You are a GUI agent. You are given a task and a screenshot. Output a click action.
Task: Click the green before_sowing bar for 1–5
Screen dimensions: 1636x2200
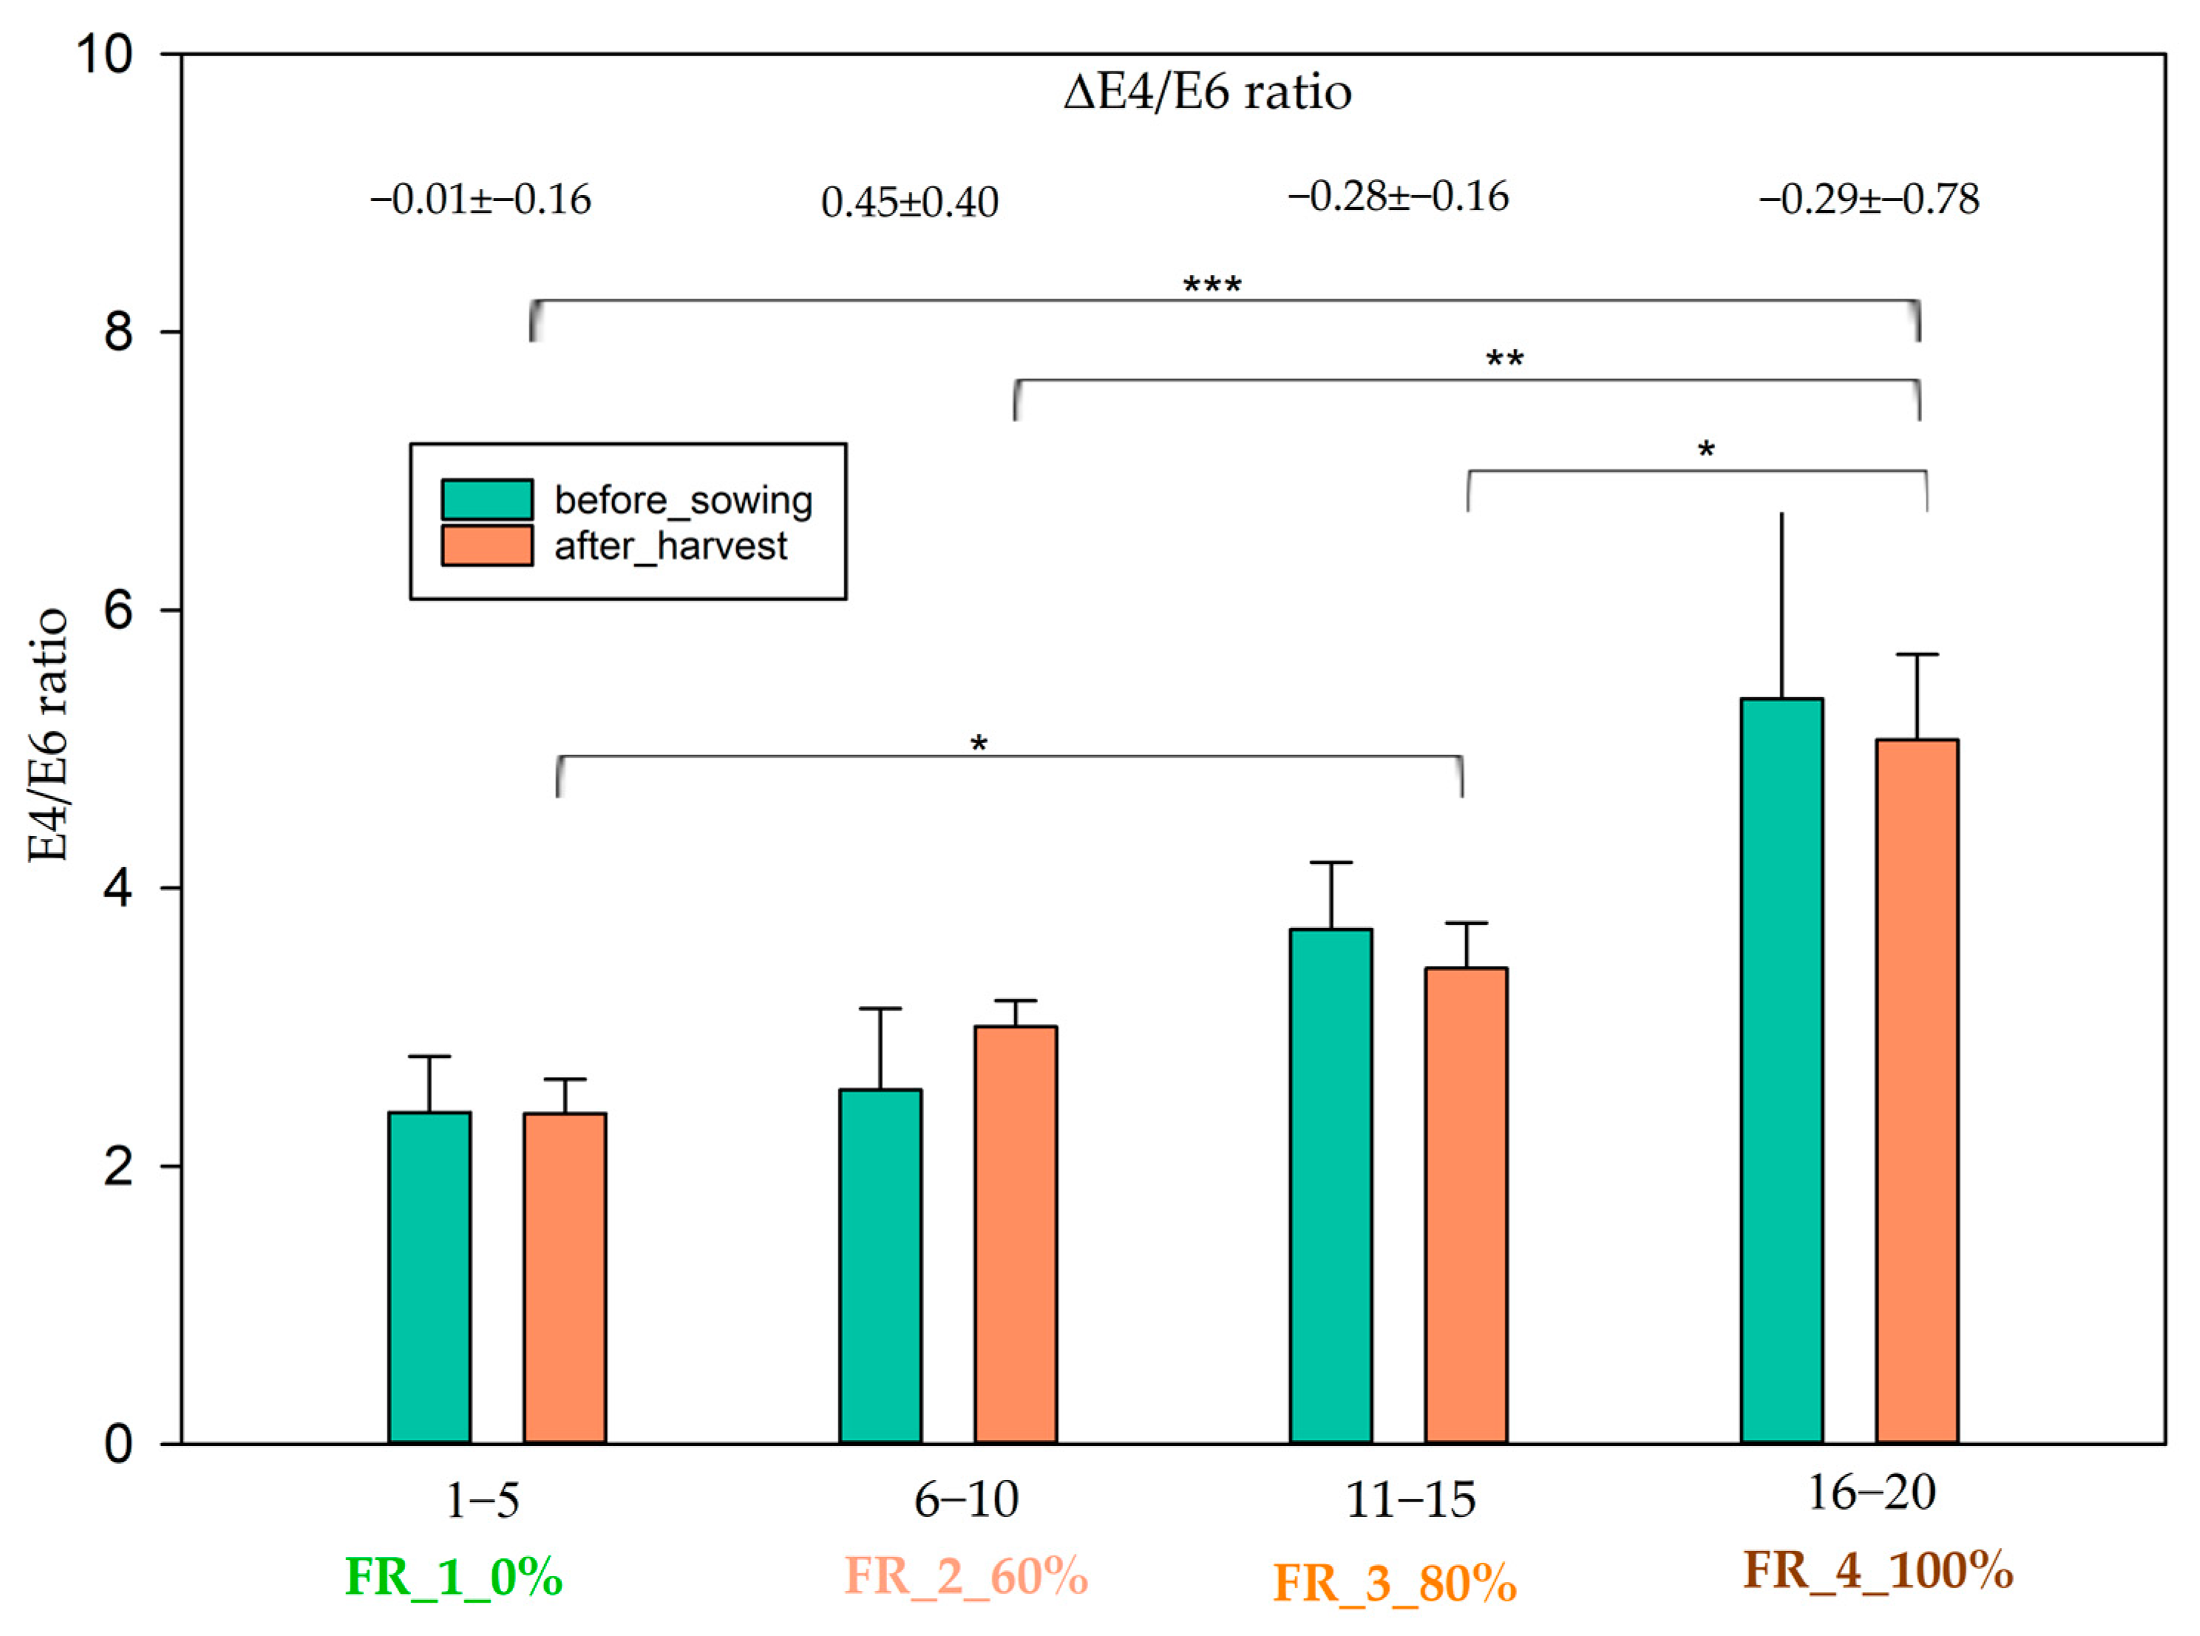point(429,1277)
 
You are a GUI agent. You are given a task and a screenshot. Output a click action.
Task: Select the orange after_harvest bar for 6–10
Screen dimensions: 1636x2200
point(1015,1234)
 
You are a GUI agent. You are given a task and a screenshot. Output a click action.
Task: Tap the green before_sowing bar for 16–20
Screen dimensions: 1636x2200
point(1781,1070)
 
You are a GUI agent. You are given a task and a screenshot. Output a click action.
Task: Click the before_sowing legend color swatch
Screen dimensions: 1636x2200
point(486,499)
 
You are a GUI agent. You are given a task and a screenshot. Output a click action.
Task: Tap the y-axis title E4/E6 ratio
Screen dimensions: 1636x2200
point(47,735)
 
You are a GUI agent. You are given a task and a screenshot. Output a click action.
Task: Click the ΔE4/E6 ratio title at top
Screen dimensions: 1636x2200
point(1207,92)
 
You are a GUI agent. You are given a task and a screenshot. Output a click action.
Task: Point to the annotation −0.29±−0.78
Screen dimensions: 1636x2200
point(1868,199)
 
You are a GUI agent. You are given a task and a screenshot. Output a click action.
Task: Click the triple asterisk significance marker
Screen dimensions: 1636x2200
point(1212,286)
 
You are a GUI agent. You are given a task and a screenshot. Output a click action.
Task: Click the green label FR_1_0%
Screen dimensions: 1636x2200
point(453,1575)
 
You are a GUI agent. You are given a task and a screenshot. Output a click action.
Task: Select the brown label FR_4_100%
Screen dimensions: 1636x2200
point(1877,1569)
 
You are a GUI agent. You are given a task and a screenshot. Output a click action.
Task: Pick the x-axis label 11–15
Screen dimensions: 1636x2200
point(1410,1499)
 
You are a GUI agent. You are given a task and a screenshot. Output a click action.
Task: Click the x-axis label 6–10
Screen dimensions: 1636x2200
point(965,1499)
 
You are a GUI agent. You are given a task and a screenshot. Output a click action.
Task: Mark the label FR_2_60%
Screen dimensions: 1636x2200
point(965,1575)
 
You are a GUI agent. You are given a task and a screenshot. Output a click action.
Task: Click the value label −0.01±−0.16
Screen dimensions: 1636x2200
point(481,200)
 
